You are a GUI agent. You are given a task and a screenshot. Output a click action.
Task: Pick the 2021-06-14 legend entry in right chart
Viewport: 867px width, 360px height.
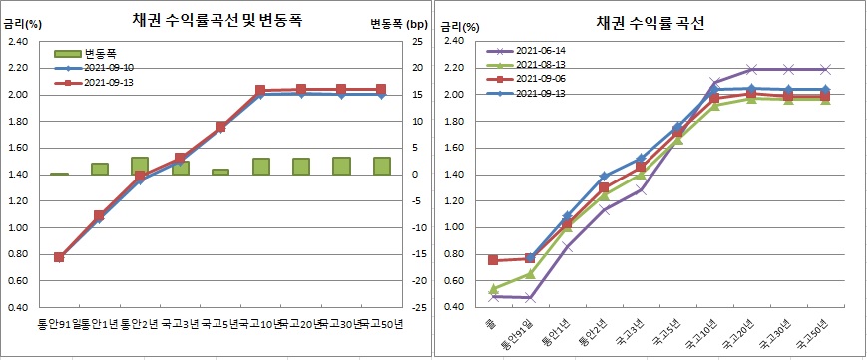coord(540,50)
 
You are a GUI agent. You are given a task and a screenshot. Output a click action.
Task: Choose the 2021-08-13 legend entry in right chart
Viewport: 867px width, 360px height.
coord(540,64)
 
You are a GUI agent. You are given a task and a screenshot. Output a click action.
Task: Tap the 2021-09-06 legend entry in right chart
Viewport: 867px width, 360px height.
coord(540,78)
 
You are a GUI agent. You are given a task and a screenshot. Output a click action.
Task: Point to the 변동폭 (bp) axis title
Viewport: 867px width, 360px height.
coord(398,22)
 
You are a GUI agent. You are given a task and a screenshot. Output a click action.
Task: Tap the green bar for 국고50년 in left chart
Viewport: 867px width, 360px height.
coord(381,166)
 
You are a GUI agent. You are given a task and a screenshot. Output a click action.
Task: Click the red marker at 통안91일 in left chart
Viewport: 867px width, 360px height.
coord(59,257)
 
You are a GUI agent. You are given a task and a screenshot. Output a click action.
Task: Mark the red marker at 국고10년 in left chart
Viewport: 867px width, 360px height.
coord(260,91)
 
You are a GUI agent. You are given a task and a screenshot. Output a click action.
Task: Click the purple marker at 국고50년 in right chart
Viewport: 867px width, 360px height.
coord(824,70)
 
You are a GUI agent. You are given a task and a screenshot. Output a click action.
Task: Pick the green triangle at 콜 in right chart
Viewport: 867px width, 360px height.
coord(494,289)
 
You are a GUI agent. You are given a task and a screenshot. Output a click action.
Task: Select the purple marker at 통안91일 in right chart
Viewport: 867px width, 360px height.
coord(531,297)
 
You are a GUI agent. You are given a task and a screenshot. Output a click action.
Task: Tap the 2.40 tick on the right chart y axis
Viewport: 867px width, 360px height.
coord(455,41)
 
